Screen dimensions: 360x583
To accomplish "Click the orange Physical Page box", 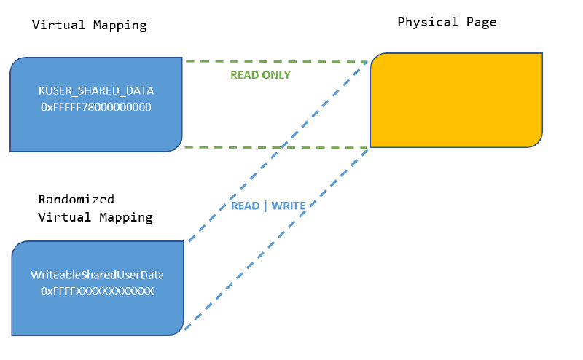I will tap(456, 100).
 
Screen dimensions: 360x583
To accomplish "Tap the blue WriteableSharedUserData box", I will tap(97, 289).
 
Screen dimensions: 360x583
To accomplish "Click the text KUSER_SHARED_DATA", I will tap(95, 91).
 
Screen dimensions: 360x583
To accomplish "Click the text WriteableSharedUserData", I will tap(97, 275).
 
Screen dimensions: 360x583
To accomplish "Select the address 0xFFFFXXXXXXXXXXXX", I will tap(97, 291).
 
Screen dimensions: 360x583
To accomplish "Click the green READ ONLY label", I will tap(260, 75).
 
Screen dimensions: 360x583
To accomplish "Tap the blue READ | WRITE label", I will tap(268, 206).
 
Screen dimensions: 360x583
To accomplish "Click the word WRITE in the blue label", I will tap(288, 206).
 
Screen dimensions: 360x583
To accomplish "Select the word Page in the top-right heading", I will tap(482, 23).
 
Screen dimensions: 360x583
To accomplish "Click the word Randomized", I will tap(77, 199).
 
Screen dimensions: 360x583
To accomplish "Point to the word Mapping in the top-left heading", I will tap(121, 26).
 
